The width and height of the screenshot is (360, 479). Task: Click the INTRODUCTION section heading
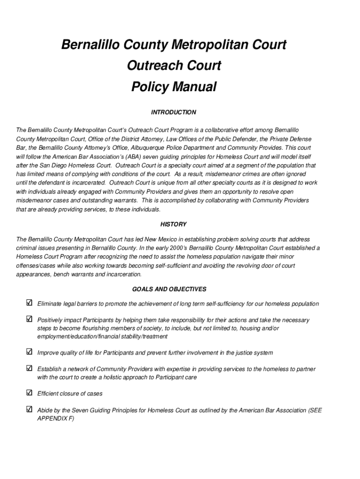[173, 112]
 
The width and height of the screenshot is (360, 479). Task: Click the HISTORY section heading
[173, 224]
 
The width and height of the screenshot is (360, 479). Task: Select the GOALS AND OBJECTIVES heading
[173, 289]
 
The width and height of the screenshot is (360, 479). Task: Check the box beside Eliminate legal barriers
[29, 303]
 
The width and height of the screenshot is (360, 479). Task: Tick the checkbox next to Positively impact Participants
[29, 319]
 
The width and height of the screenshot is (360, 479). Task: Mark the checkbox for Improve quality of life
[29, 352]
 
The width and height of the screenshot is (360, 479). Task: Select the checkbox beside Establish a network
[29, 369]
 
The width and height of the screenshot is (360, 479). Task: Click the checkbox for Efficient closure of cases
[29, 393]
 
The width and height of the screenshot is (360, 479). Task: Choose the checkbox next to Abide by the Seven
[29, 410]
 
